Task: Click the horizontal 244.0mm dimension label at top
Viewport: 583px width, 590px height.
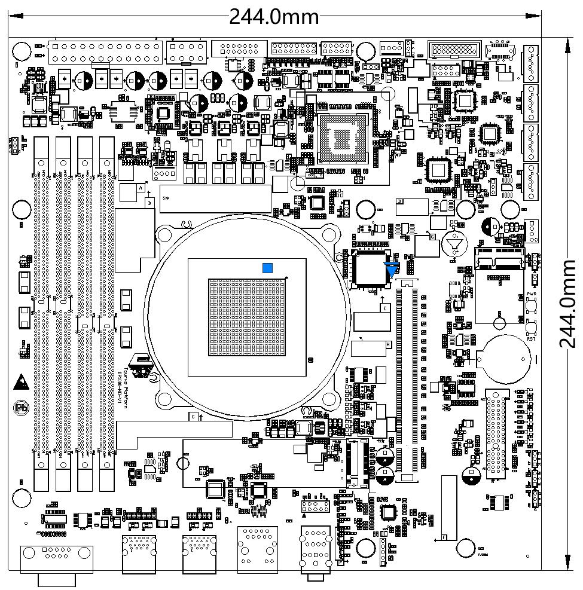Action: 274,16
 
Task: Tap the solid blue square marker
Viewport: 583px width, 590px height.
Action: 268,268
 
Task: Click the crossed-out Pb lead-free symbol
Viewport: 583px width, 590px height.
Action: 20,407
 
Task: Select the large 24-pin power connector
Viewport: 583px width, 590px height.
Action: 106,53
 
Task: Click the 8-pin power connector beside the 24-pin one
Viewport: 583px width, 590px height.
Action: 187,53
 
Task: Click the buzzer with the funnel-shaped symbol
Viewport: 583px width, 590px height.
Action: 454,244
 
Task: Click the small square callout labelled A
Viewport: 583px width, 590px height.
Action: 141,188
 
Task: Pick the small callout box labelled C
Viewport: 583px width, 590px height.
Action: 193,415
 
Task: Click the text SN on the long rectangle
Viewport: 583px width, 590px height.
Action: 166,197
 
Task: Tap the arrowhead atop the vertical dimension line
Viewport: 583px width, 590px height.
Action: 566,40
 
